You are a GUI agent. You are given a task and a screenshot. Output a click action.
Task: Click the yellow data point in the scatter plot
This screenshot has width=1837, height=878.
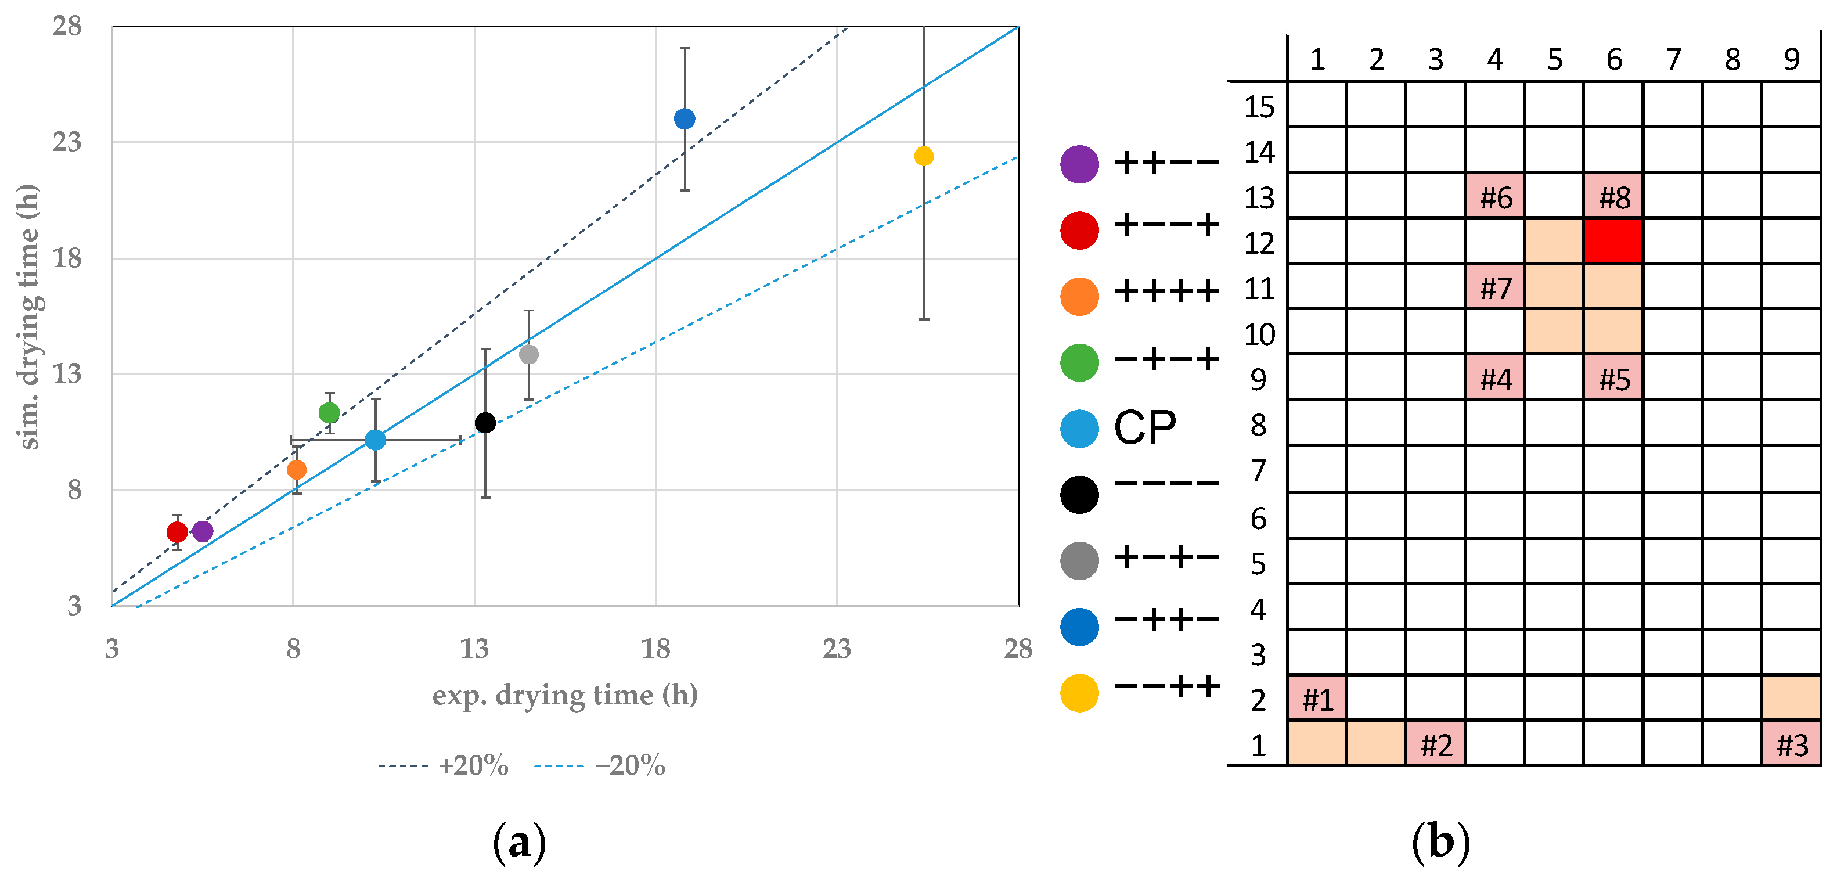[924, 156]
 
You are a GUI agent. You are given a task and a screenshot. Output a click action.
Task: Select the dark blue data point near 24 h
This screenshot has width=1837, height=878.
[685, 118]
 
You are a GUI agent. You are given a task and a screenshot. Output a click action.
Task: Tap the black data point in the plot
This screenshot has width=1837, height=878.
[485, 423]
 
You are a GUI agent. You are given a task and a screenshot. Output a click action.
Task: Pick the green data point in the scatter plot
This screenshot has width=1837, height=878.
[329, 412]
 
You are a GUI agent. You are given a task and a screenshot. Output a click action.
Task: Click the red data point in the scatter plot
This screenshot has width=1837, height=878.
[177, 532]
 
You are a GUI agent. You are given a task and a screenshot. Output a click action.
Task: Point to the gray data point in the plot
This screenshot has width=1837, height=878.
[528, 354]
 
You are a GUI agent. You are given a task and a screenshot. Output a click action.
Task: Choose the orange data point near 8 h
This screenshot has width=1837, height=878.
[297, 470]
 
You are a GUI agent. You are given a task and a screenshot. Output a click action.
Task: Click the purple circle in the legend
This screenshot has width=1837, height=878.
[1079, 165]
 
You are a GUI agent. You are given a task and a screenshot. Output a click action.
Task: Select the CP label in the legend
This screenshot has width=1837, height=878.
[1144, 428]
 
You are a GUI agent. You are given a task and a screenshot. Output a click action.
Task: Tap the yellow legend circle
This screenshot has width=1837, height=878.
[1079, 693]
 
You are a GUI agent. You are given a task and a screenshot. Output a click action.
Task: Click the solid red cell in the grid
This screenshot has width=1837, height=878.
[1613, 241]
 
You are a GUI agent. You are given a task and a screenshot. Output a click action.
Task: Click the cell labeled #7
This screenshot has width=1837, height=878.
[1494, 287]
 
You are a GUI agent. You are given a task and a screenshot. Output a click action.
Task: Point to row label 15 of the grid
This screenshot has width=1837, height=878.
[1259, 107]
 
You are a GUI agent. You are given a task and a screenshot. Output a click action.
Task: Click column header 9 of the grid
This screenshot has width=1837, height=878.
[1791, 59]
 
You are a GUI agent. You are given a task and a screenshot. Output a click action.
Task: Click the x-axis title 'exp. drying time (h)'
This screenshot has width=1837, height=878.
[565, 695]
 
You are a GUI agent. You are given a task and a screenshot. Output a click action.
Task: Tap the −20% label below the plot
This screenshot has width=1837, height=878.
[630, 766]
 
